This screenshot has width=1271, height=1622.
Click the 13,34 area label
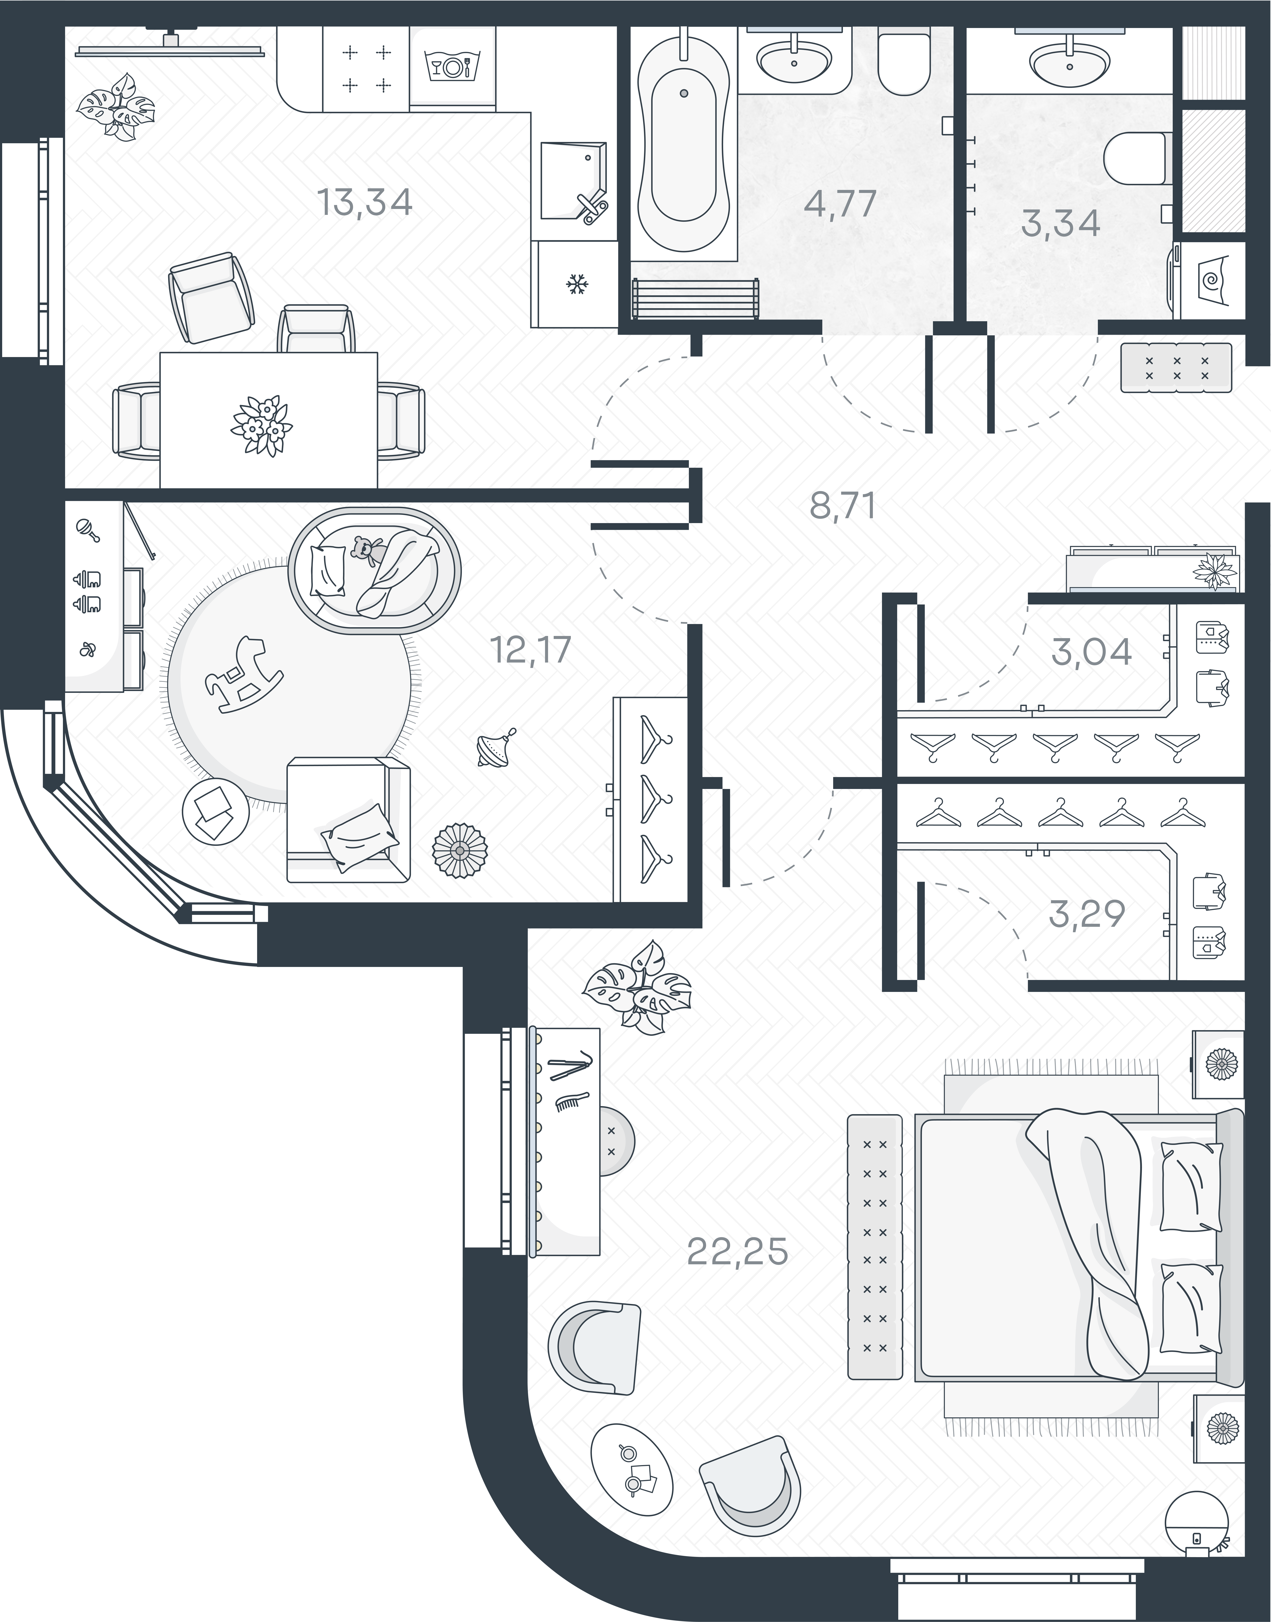tap(365, 203)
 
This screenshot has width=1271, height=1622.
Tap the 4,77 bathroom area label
tap(841, 204)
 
